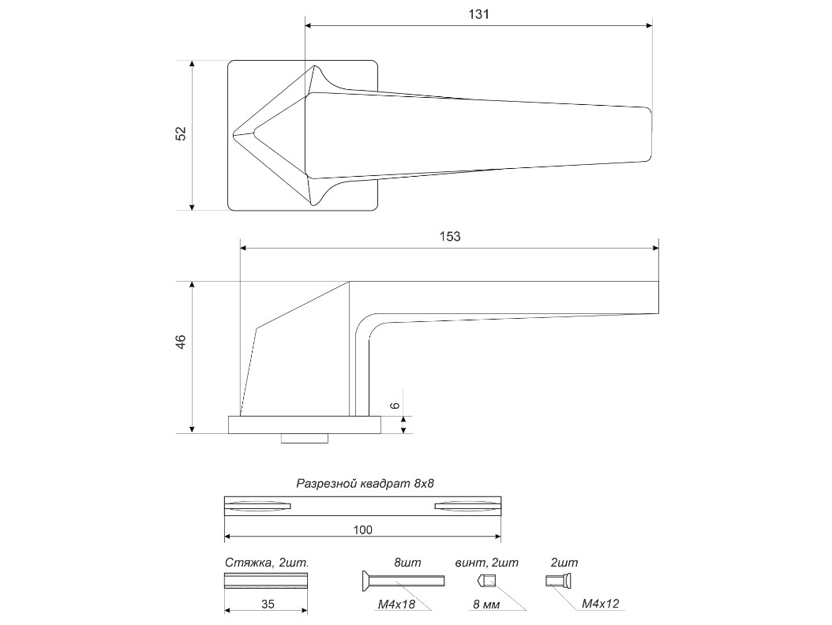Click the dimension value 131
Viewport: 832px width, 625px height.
pyautogui.click(x=478, y=14)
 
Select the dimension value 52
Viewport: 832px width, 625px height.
pyautogui.click(x=181, y=133)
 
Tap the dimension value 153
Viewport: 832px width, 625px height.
pyautogui.click(x=450, y=236)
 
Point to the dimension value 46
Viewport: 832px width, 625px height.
pyautogui.click(x=181, y=342)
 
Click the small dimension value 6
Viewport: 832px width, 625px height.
pyautogui.click(x=395, y=406)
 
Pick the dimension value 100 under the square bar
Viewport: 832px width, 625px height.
pyautogui.click(x=363, y=530)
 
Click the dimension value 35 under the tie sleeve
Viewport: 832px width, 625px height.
pyautogui.click(x=268, y=604)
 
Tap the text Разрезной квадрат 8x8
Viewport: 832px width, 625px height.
pyautogui.click(x=365, y=483)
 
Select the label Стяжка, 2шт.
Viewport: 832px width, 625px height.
pyautogui.click(x=266, y=563)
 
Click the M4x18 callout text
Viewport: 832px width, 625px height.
pyautogui.click(x=395, y=604)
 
